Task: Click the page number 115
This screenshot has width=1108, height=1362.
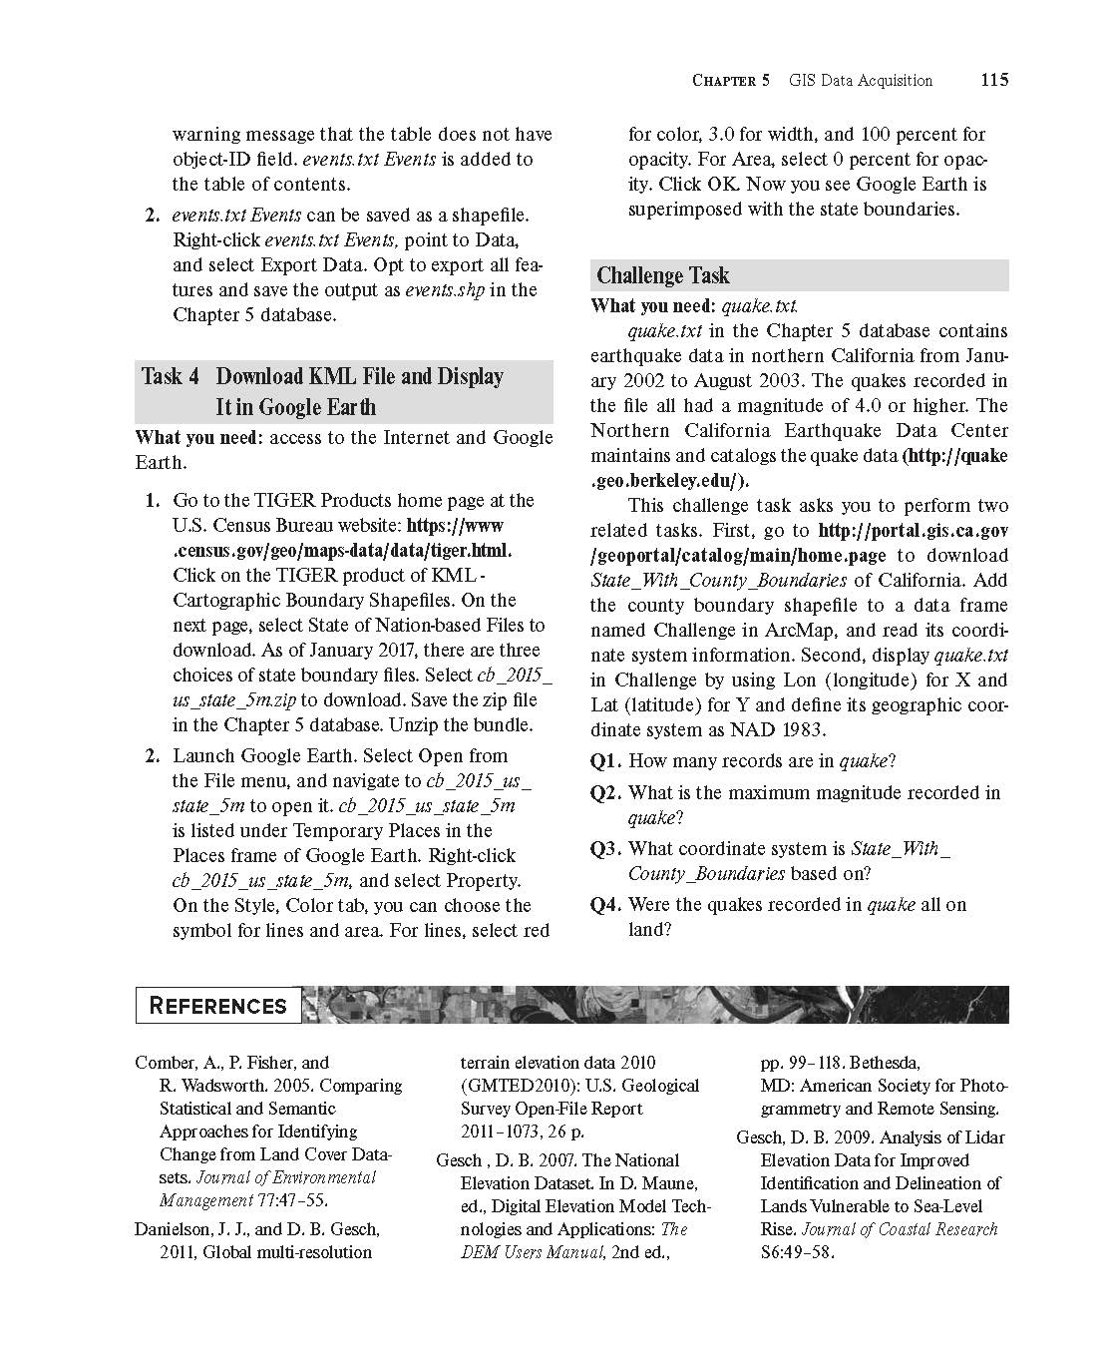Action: point(993,80)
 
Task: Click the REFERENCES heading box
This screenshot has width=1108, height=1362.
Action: point(217,1006)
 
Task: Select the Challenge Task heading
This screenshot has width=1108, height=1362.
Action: point(663,275)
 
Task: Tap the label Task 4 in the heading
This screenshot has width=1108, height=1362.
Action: point(171,376)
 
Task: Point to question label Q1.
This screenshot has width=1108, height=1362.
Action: point(606,761)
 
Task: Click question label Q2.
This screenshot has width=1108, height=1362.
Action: point(606,793)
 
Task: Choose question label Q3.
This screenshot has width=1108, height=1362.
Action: point(606,849)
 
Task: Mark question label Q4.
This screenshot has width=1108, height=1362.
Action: point(606,905)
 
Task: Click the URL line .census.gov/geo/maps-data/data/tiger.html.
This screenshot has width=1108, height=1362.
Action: point(342,551)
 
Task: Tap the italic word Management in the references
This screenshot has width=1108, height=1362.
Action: point(206,1200)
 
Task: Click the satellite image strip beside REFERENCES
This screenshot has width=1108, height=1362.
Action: point(654,1005)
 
